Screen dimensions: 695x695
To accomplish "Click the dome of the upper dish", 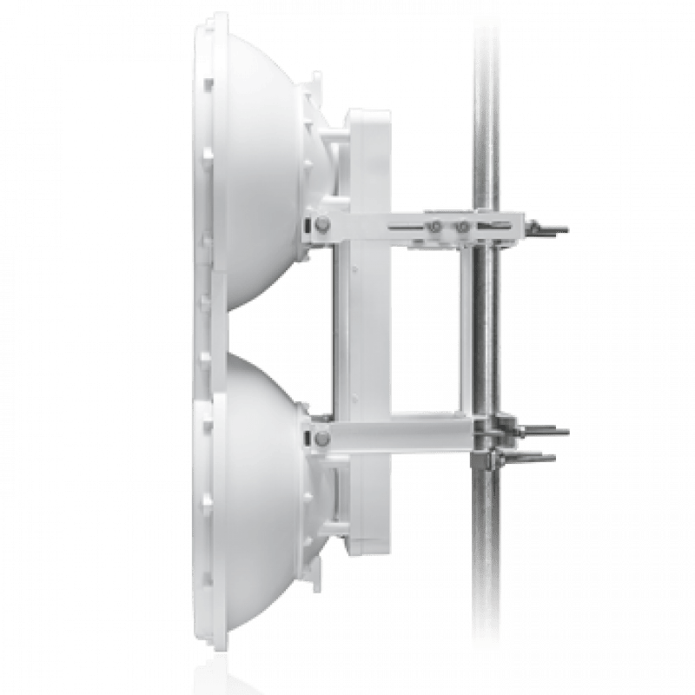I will click(261, 165).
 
